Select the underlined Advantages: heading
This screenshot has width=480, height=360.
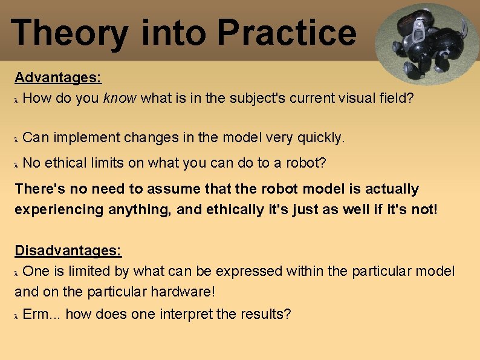pos(58,77)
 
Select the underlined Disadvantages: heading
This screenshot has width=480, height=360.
pos(68,250)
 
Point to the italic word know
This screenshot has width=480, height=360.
pos(120,98)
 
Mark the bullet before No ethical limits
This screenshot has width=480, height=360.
pos(17,164)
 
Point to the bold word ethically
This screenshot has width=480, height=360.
pos(235,210)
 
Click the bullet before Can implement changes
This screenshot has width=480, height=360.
pos(17,139)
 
